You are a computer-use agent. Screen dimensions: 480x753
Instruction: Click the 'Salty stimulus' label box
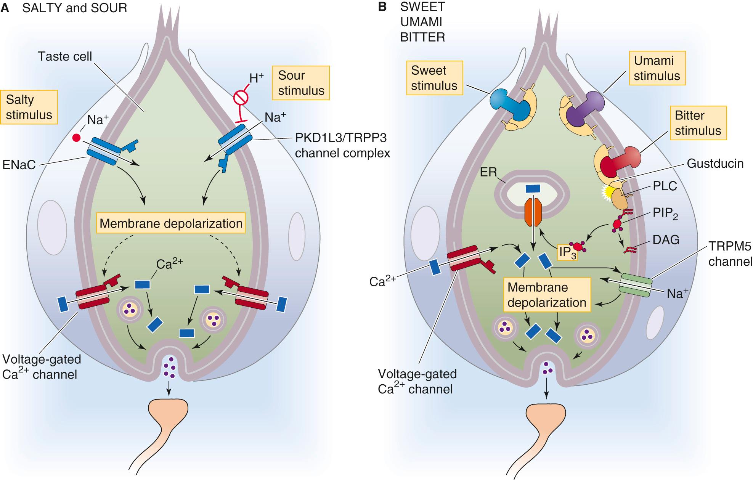pyautogui.click(x=29, y=107)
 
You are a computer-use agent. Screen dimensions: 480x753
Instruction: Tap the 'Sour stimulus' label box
pyautogui.click(x=301, y=83)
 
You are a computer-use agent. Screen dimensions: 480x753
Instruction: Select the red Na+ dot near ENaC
pyautogui.click(x=76, y=137)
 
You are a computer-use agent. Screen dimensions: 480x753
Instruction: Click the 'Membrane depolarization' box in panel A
pyautogui.click(x=171, y=223)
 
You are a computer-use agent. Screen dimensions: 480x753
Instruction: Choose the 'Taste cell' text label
pyautogui.click(x=65, y=57)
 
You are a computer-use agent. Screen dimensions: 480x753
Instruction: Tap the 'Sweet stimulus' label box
pyautogui.click(x=434, y=78)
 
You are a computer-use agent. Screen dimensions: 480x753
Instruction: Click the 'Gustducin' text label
pyautogui.click(x=715, y=164)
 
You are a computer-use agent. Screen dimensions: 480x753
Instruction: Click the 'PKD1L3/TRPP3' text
pyautogui.click(x=338, y=138)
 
